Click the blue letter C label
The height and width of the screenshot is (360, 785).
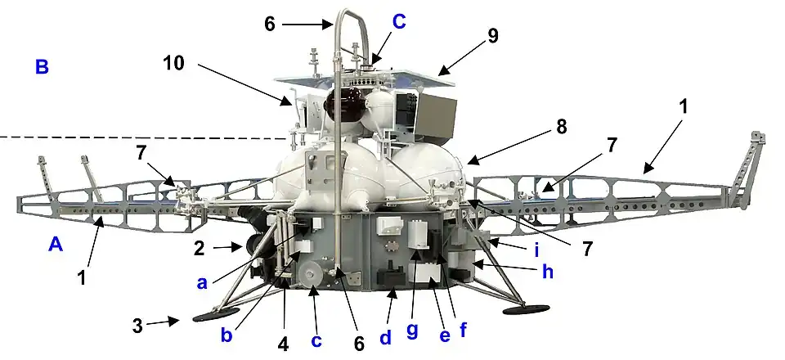(x=399, y=22)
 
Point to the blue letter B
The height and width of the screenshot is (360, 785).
(x=42, y=66)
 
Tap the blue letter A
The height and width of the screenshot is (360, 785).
(x=56, y=245)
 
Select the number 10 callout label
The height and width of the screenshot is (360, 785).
(x=173, y=64)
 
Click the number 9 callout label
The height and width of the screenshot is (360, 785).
(x=493, y=36)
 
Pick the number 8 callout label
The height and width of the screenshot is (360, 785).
(x=561, y=127)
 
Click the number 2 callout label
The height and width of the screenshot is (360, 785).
(x=200, y=249)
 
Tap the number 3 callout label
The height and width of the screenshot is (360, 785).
(x=137, y=326)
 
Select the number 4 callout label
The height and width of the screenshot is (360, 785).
(x=283, y=345)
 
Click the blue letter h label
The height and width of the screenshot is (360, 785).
(x=548, y=272)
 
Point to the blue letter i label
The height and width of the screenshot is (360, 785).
(x=536, y=250)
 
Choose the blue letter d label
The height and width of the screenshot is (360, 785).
(x=385, y=337)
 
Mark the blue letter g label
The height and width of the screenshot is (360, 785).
(x=412, y=331)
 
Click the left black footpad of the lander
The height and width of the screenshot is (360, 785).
(x=216, y=314)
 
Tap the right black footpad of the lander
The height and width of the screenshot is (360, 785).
(x=526, y=309)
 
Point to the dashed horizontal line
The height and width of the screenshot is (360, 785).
(x=142, y=137)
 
